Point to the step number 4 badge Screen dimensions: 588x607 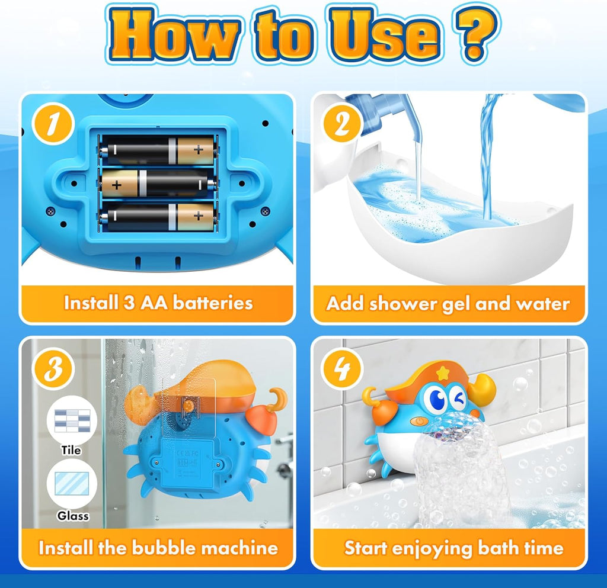[343, 370]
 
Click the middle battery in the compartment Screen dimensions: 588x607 [158, 184]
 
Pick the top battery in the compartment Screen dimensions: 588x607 [158, 150]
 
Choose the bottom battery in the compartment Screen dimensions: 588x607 [158, 217]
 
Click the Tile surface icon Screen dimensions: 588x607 [71, 421]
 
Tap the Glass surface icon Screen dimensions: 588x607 [71, 484]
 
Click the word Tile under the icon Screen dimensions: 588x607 [71, 451]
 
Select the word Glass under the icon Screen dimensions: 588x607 [73, 516]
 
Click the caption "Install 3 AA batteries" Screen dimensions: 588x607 [158, 303]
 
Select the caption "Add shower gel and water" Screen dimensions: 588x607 [448, 304]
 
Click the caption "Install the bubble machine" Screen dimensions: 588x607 [158, 547]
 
